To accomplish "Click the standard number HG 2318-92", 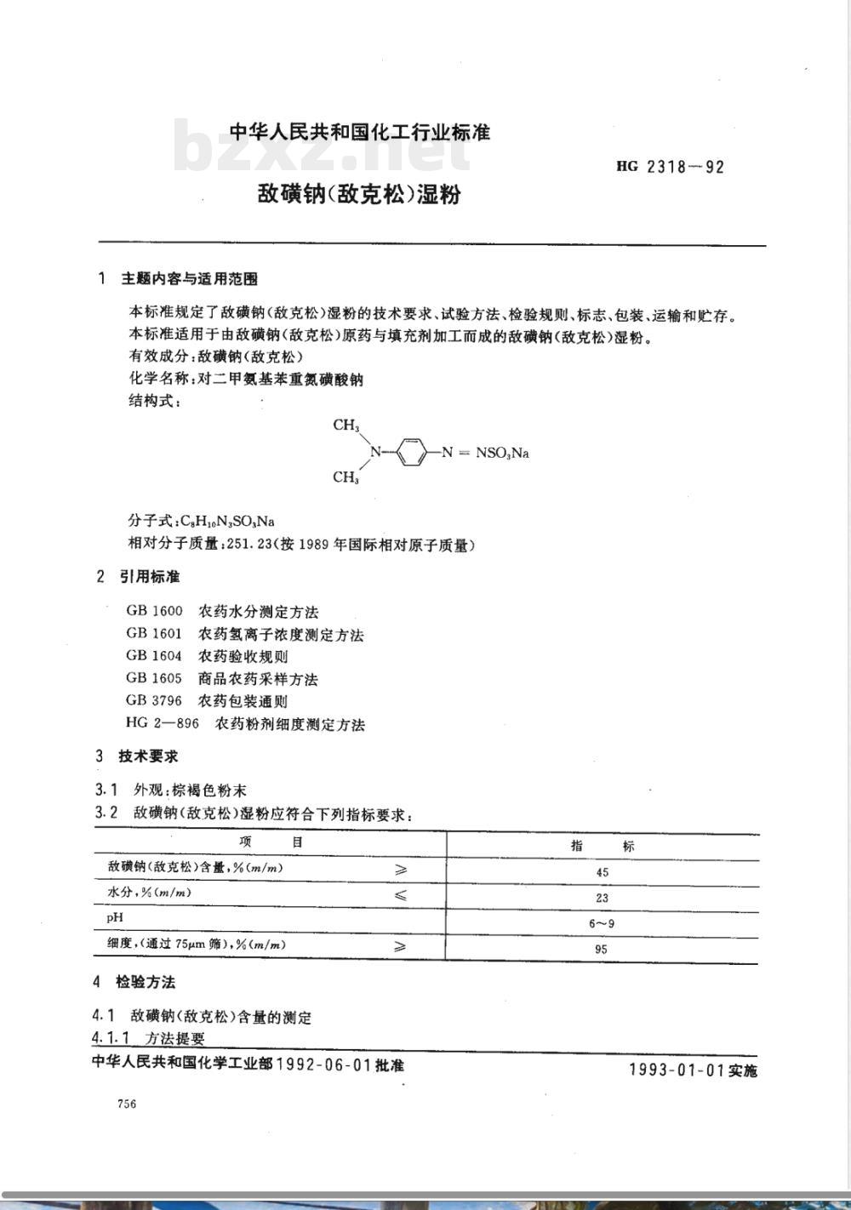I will (x=670, y=167).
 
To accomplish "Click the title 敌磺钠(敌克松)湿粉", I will (x=359, y=194).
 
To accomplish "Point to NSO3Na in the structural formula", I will (x=502, y=453).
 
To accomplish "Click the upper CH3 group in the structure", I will (x=346, y=425).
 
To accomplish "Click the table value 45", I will (x=603, y=872).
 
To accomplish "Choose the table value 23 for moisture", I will (x=603, y=898).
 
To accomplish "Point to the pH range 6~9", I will (x=603, y=923).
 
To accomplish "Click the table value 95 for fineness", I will (x=602, y=949).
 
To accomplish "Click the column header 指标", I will (x=603, y=846).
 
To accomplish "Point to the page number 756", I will (x=127, y=1104).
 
